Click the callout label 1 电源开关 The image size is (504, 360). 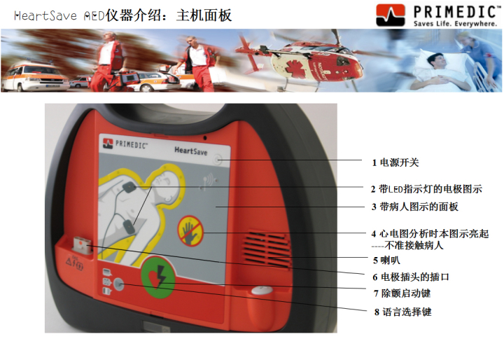point(395,162)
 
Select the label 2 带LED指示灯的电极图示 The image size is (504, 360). point(426,189)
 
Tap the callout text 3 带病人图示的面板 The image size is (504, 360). point(414,207)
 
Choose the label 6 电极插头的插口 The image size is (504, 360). point(411,277)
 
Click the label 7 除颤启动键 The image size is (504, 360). point(402,293)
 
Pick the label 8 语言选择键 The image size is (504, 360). point(402,312)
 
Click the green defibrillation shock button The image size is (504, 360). point(157,277)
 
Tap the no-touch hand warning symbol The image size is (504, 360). point(191,231)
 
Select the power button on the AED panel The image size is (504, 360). point(218,159)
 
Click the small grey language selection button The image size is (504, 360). point(118,284)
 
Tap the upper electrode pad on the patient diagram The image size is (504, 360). point(129,186)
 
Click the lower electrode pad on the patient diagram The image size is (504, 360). point(129,226)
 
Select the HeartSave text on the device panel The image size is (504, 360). point(190,151)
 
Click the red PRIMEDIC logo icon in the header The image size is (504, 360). point(391,15)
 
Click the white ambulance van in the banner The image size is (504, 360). point(35,78)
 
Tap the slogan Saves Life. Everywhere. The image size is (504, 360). point(455,24)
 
